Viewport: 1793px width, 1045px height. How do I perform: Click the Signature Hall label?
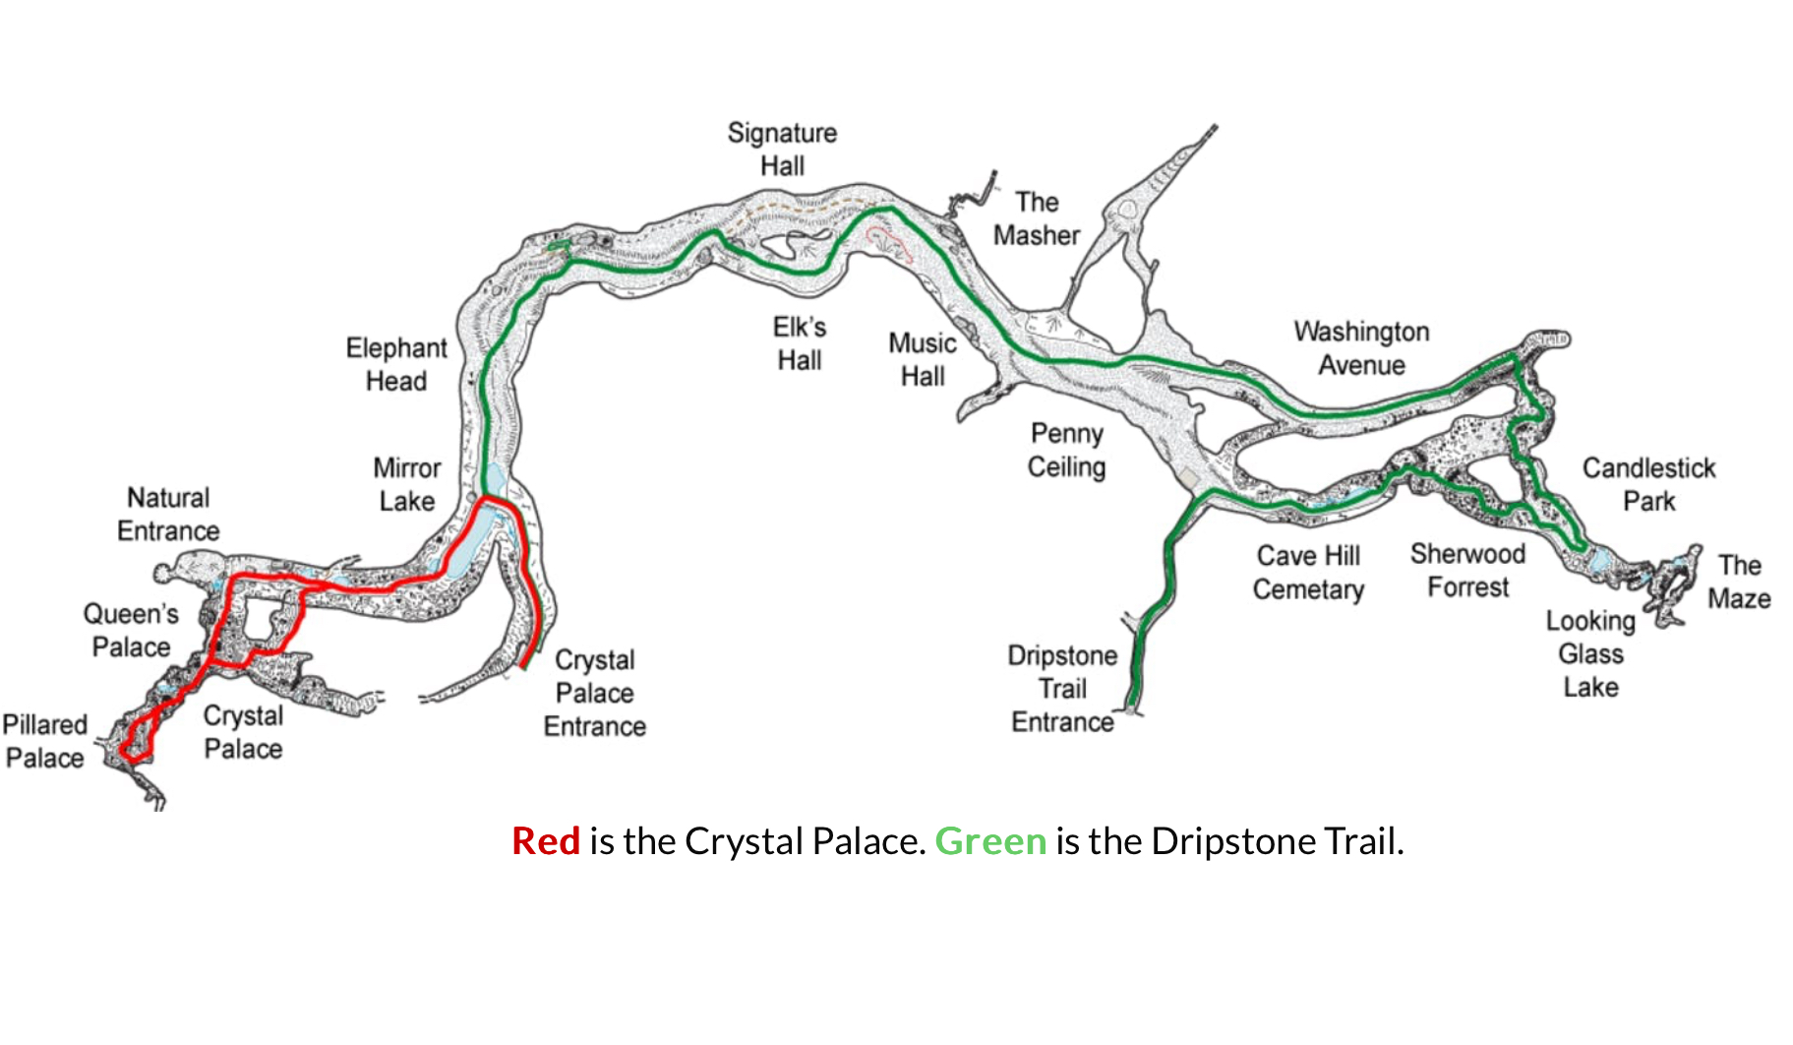tap(782, 149)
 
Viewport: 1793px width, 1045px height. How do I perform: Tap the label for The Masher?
tap(1037, 218)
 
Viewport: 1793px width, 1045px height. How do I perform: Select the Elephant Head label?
tap(396, 364)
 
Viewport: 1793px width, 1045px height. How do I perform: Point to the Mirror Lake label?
tap(406, 484)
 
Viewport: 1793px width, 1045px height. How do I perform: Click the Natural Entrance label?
tap(168, 514)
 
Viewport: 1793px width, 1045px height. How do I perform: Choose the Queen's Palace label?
tap(131, 630)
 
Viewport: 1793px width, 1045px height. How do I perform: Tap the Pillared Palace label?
tap(45, 741)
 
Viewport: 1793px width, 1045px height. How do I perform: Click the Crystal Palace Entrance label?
tap(595, 693)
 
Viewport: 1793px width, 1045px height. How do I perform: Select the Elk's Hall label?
tap(800, 343)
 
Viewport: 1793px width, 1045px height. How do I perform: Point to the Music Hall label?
tap(923, 359)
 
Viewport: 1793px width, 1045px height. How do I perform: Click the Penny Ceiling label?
tap(1067, 450)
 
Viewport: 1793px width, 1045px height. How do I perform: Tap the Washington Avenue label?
tap(1361, 347)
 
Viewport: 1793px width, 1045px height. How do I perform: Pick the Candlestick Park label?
tap(1648, 484)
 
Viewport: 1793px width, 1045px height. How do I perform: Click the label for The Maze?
tap(1739, 582)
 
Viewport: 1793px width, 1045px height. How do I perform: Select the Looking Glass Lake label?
tap(1590, 653)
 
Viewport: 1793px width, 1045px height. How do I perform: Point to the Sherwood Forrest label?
tap(1467, 570)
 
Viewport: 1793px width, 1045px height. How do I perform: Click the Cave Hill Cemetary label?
tap(1308, 572)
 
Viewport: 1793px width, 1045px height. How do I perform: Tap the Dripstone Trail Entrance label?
tap(1062, 689)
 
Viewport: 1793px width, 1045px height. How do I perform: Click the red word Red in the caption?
tap(546, 841)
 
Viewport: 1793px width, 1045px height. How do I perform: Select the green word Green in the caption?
tap(989, 841)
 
